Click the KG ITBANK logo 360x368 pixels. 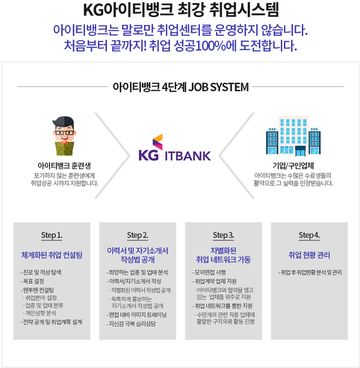coord(174,149)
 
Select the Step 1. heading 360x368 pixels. coord(52,235)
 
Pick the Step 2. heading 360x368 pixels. coord(138,235)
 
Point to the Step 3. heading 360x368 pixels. coord(223,235)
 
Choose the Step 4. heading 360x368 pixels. coord(309,235)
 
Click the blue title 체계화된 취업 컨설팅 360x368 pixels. coord(52,255)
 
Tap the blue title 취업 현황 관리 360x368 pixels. coord(309,255)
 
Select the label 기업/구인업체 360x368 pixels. coord(293,166)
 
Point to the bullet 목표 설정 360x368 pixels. coord(33,281)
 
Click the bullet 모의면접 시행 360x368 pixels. coord(210,272)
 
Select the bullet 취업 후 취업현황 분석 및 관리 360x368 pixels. coord(310,272)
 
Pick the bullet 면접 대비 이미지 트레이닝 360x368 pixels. coord(137,315)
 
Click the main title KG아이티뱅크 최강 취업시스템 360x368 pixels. coord(180,9)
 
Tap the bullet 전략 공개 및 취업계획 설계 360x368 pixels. coord(52,321)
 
